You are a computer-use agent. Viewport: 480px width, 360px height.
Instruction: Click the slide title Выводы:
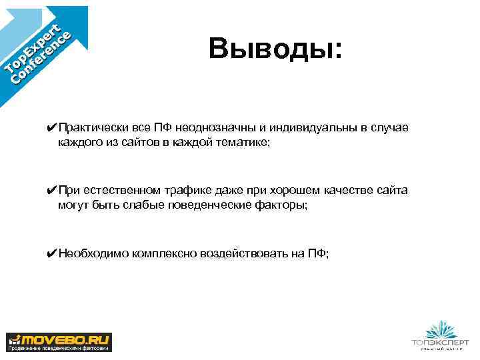274,49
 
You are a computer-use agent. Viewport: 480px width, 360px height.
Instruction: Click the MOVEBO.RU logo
59,341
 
